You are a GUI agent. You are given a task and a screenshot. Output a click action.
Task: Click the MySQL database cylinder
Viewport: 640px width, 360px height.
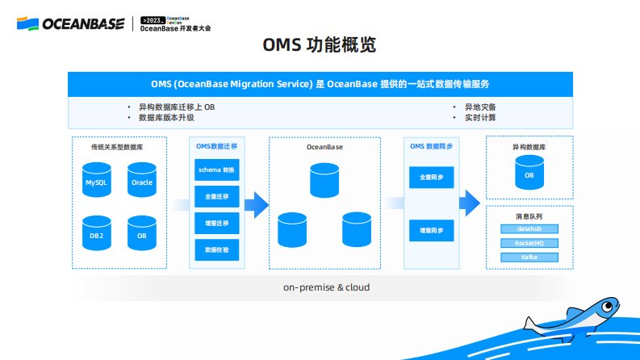tap(97, 180)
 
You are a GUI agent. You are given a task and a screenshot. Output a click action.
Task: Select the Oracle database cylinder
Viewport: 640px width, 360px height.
tap(142, 180)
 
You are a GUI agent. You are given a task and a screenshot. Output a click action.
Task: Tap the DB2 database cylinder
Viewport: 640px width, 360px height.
tap(97, 233)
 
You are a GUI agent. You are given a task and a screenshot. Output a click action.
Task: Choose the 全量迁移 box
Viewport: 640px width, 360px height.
tap(216, 196)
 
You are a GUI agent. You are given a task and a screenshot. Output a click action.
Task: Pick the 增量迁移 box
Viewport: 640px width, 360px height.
tap(216, 223)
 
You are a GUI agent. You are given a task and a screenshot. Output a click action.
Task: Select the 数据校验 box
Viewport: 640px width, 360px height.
tap(216, 249)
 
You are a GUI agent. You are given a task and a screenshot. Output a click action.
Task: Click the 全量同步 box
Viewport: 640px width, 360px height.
tap(431, 177)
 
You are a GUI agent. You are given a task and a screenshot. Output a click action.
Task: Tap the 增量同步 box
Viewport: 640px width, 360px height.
tap(431, 231)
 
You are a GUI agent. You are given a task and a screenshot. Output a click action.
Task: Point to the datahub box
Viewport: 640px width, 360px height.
tap(529, 228)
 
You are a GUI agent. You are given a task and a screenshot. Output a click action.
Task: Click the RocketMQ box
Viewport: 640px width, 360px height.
tap(529, 243)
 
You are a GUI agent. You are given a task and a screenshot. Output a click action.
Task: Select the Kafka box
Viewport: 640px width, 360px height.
tap(529, 257)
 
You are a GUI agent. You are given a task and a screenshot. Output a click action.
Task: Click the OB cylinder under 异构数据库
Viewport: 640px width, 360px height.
tap(529, 173)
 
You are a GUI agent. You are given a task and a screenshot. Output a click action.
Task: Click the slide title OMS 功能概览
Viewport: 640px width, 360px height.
tap(320, 46)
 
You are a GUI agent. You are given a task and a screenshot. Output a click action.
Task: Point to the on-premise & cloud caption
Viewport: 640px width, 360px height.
tap(320, 287)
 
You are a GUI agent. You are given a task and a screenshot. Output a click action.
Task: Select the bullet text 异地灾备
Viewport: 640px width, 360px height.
tap(480, 107)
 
